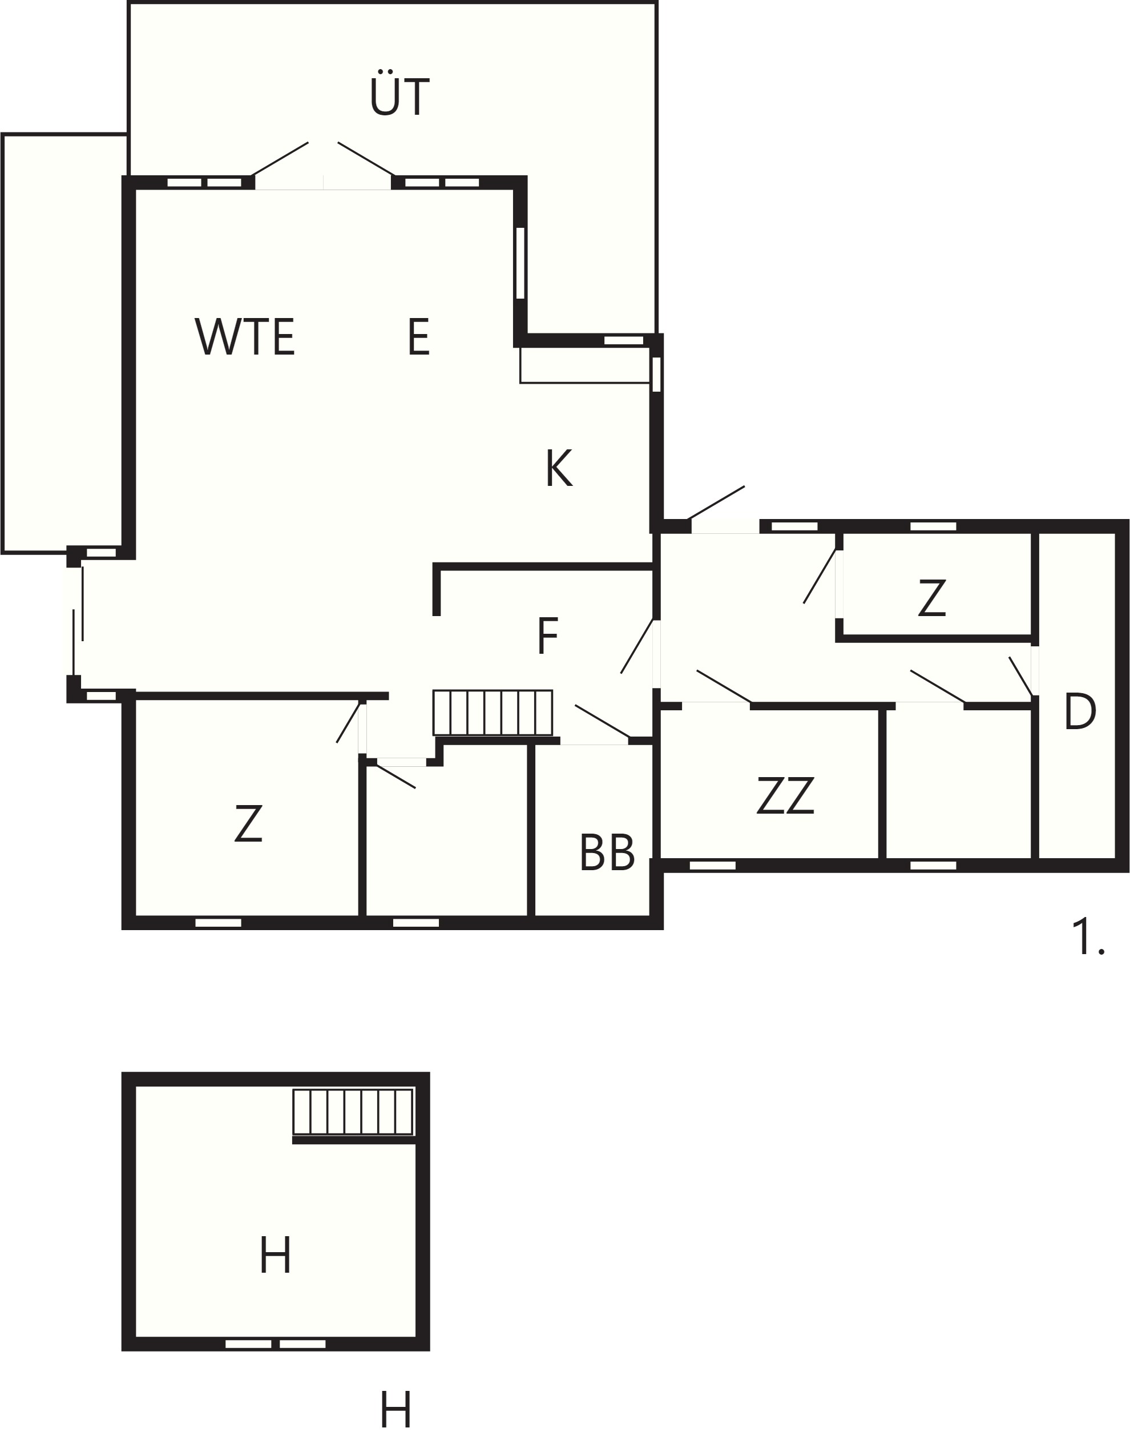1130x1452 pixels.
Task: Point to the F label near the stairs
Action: coord(547,636)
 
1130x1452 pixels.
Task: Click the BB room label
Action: coord(607,852)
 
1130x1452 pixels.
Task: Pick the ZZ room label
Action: coord(785,795)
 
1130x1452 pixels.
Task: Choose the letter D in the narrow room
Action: coord(1079,712)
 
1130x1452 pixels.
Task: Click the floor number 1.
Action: coord(1087,937)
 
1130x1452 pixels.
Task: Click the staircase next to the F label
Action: coord(493,712)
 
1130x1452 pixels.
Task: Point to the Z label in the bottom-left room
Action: coord(248,824)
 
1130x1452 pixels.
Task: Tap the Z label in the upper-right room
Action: coord(931,598)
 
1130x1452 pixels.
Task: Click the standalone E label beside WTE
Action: coord(419,337)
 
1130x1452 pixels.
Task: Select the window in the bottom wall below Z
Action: coord(218,923)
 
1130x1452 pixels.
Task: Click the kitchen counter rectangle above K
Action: coord(584,365)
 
